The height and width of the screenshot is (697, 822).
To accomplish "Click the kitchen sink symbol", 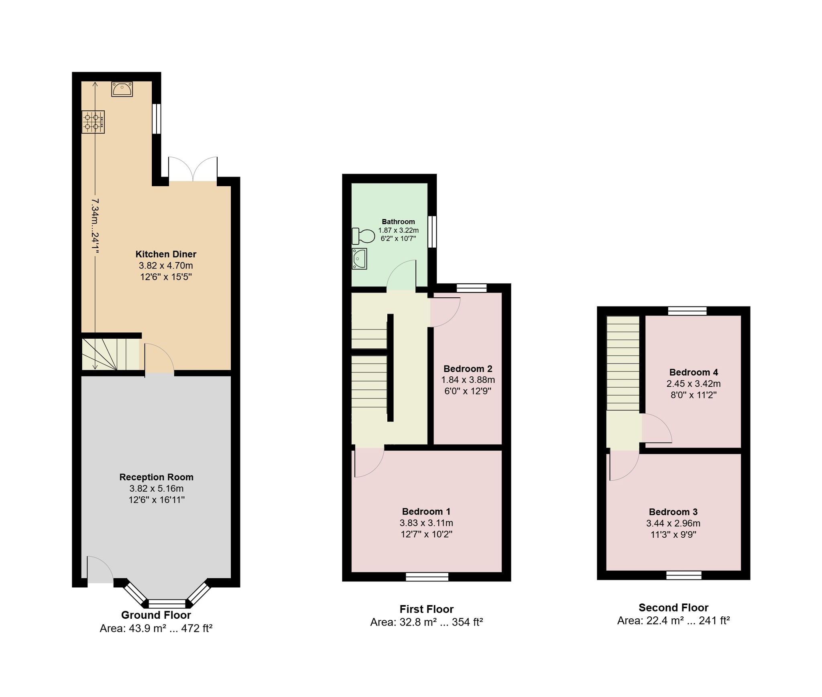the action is pyautogui.click(x=122, y=89).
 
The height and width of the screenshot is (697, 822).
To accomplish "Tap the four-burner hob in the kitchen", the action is pyautogui.click(x=93, y=122).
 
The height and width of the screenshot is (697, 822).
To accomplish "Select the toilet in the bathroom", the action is pyautogui.click(x=363, y=236).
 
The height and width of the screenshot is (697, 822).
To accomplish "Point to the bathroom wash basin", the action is pyautogui.click(x=359, y=258).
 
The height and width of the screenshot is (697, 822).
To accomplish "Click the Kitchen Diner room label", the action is pyautogui.click(x=166, y=254).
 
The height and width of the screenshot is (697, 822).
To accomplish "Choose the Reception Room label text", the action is pyautogui.click(x=157, y=477).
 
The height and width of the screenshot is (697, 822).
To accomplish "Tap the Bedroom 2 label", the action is pyautogui.click(x=468, y=369).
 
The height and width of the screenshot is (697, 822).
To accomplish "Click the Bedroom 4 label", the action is pyautogui.click(x=694, y=372).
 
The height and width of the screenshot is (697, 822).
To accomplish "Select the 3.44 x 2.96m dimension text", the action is pyautogui.click(x=673, y=523).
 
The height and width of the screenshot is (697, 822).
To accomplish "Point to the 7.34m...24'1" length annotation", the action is pyautogui.click(x=95, y=226).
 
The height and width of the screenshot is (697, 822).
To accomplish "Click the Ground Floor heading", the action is pyautogui.click(x=156, y=615).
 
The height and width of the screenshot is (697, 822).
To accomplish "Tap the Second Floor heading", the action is pyautogui.click(x=673, y=608).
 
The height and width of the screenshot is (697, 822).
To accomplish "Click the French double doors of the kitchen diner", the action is pyautogui.click(x=193, y=169).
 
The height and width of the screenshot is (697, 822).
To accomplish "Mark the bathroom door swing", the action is pyautogui.click(x=401, y=275).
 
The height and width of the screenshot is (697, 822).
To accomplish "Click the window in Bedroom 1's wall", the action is pyautogui.click(x=427, y=577).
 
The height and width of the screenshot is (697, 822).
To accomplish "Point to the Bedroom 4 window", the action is pyautogui.click(x=688, y=311).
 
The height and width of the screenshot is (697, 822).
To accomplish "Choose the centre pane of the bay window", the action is pyautogui.click(x=167, y=604).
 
